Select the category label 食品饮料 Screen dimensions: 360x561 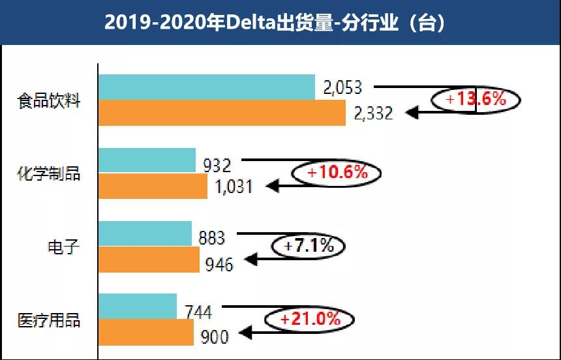[49, 102]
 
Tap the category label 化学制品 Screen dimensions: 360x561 [49, 174]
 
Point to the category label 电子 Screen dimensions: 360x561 [63, 247]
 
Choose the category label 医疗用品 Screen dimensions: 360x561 [49, 321]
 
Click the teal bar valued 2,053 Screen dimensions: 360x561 [206, 87]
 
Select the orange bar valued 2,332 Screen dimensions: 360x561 [222, 113]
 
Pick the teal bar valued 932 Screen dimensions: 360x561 [147, 160]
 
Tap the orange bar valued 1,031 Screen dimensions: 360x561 [153, 186]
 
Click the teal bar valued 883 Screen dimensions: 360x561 [145, 233]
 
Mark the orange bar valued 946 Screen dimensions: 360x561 [149, 260]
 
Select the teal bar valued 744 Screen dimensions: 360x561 [137, 307]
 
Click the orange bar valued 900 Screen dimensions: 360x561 [146, 333]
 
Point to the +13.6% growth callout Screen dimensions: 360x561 [476, 99]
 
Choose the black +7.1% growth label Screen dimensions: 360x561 [309, 247]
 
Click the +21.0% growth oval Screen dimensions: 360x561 [310, 320]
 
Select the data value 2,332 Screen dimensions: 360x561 [373, 113]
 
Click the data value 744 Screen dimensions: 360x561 [198, 312]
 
